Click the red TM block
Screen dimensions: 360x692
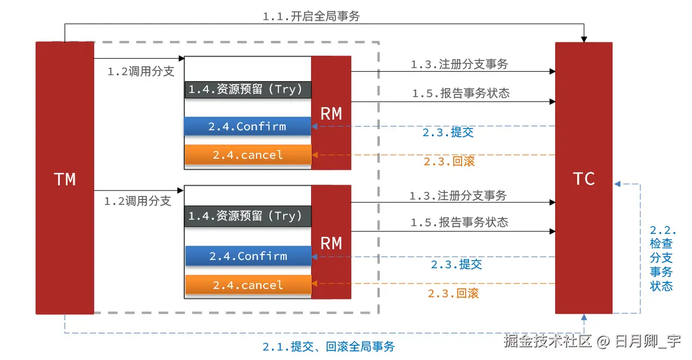coord(65,178)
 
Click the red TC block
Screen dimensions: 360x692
coord(584,178)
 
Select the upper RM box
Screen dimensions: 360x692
coord(331,113)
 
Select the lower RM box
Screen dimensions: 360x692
coord(331,242)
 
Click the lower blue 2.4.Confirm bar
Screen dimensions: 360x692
coord(248,256)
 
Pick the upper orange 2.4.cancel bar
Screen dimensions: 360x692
coord(248,155)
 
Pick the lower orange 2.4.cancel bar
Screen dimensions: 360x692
coord(248,285)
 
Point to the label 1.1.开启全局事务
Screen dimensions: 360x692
coord(311,17)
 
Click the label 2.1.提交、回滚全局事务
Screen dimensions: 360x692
coord(328,346)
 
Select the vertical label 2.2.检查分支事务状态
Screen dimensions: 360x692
coord(662,258)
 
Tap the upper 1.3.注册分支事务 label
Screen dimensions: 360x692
coord(459,65)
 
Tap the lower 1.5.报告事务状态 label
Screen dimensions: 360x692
coord(459,222)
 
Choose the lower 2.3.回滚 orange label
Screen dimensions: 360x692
coord(453,293)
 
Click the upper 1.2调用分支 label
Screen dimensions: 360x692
coord(141,71)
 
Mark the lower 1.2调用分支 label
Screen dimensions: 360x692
coord(137,201)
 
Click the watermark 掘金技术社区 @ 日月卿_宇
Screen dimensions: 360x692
coord(592,340)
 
